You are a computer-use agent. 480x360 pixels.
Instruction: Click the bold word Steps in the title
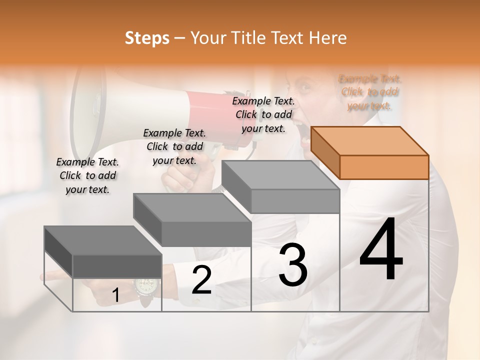tap(147, 38)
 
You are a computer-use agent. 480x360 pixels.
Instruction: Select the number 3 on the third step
tap(292, 265)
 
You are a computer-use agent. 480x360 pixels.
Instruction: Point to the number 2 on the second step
tap(201, 280)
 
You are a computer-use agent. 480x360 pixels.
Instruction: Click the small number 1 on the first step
tap(115, 296)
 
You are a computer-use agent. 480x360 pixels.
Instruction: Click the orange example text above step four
tap(370, 92)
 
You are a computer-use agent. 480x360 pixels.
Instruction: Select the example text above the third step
tap(263, 115)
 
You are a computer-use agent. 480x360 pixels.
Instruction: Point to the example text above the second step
tap(174, 146)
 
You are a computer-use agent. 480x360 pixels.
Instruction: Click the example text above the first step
tap(87, 175)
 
